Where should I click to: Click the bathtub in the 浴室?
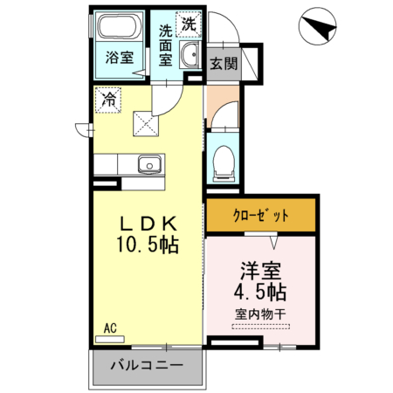click(x=118, y=27)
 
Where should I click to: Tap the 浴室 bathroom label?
click(x=120, y=59)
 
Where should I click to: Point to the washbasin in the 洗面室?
click(x=190, y=58)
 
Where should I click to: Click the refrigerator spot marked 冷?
click(x=110, y=100)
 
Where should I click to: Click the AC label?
click(x=110, y=328)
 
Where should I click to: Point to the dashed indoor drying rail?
click(x=260, y=327)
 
